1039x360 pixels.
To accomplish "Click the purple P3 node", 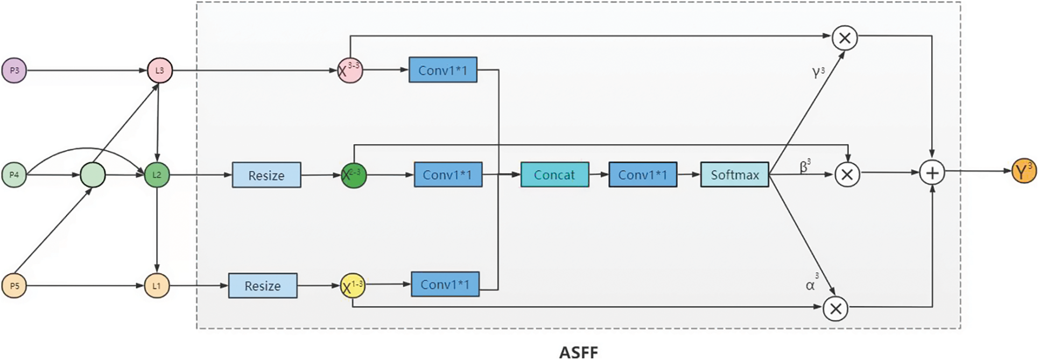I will coord(15,70).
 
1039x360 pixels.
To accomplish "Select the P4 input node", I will coord(15,175).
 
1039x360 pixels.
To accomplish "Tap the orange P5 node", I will coord(15,286).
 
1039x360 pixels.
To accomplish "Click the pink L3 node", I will coord(160,70).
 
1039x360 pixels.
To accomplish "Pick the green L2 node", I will coord(157,175).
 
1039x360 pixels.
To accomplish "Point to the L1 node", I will coord(157,286).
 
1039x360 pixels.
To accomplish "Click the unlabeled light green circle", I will coord(93,175).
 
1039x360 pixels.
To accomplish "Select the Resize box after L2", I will coord(266,175).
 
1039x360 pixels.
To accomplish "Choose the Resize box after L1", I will coord(263,286).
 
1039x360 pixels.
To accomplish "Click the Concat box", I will coord(554,175).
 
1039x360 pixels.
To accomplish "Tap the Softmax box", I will coord(734,175).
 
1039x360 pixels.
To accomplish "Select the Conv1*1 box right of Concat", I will coord(643,175).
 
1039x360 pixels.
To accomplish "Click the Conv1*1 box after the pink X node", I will coord(443,70).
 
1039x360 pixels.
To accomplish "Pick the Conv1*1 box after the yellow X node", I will coord(445,284).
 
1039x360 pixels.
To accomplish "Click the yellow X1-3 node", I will coord(353,287).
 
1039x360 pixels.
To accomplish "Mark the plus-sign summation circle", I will coord(932,173).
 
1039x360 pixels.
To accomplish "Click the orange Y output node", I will coord(1023,172).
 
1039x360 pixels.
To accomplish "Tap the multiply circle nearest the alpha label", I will coord(836,308).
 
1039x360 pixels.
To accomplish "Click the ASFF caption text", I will coord(578,352).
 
